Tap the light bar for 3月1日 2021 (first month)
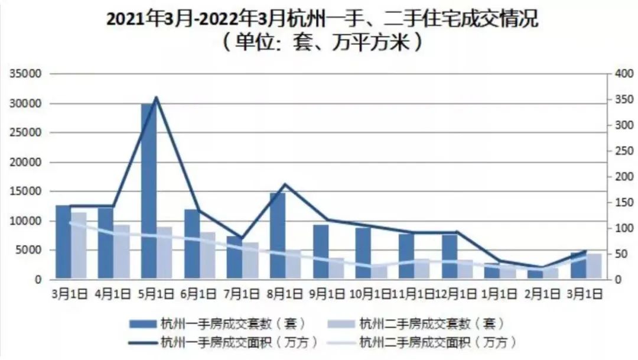(79, 245)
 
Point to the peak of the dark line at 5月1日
(156, 98)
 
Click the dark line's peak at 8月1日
(285, 184)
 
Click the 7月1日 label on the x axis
(242, 293)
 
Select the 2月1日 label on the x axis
(542, 293)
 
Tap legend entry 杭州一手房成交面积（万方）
(224, 341)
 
